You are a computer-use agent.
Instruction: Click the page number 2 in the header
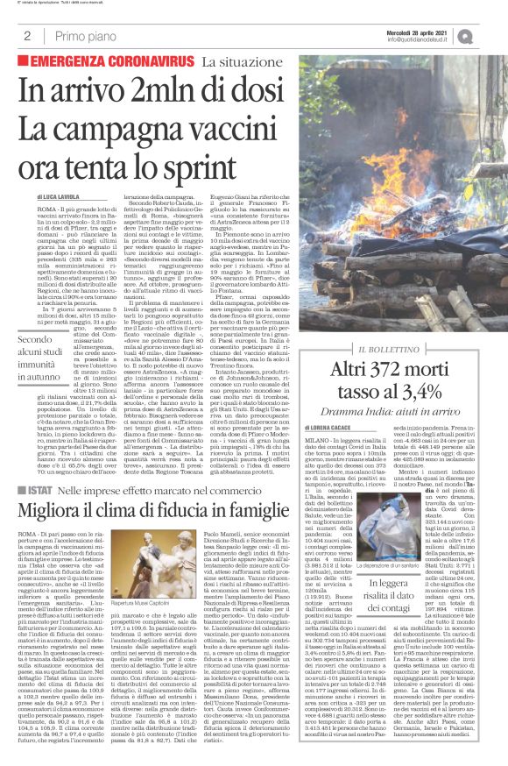(x=28, y=36)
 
